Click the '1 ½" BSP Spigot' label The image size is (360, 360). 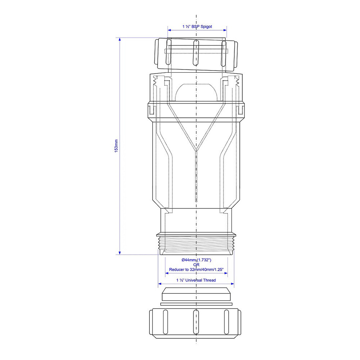coord(197,27)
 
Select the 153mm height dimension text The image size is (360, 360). coord(116,145)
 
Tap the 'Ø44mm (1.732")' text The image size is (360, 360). coord(196,260)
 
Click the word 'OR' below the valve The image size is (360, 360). coord(196,265)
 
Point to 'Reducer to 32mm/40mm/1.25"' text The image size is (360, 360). coord(196,270)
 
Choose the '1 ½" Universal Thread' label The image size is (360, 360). coord(196,280)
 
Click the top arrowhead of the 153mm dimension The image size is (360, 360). coord(120,39)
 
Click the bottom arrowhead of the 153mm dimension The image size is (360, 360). coord(120,253)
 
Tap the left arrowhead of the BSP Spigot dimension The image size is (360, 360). coord(170,30)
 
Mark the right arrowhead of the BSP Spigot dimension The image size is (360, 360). coord(225,30)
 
